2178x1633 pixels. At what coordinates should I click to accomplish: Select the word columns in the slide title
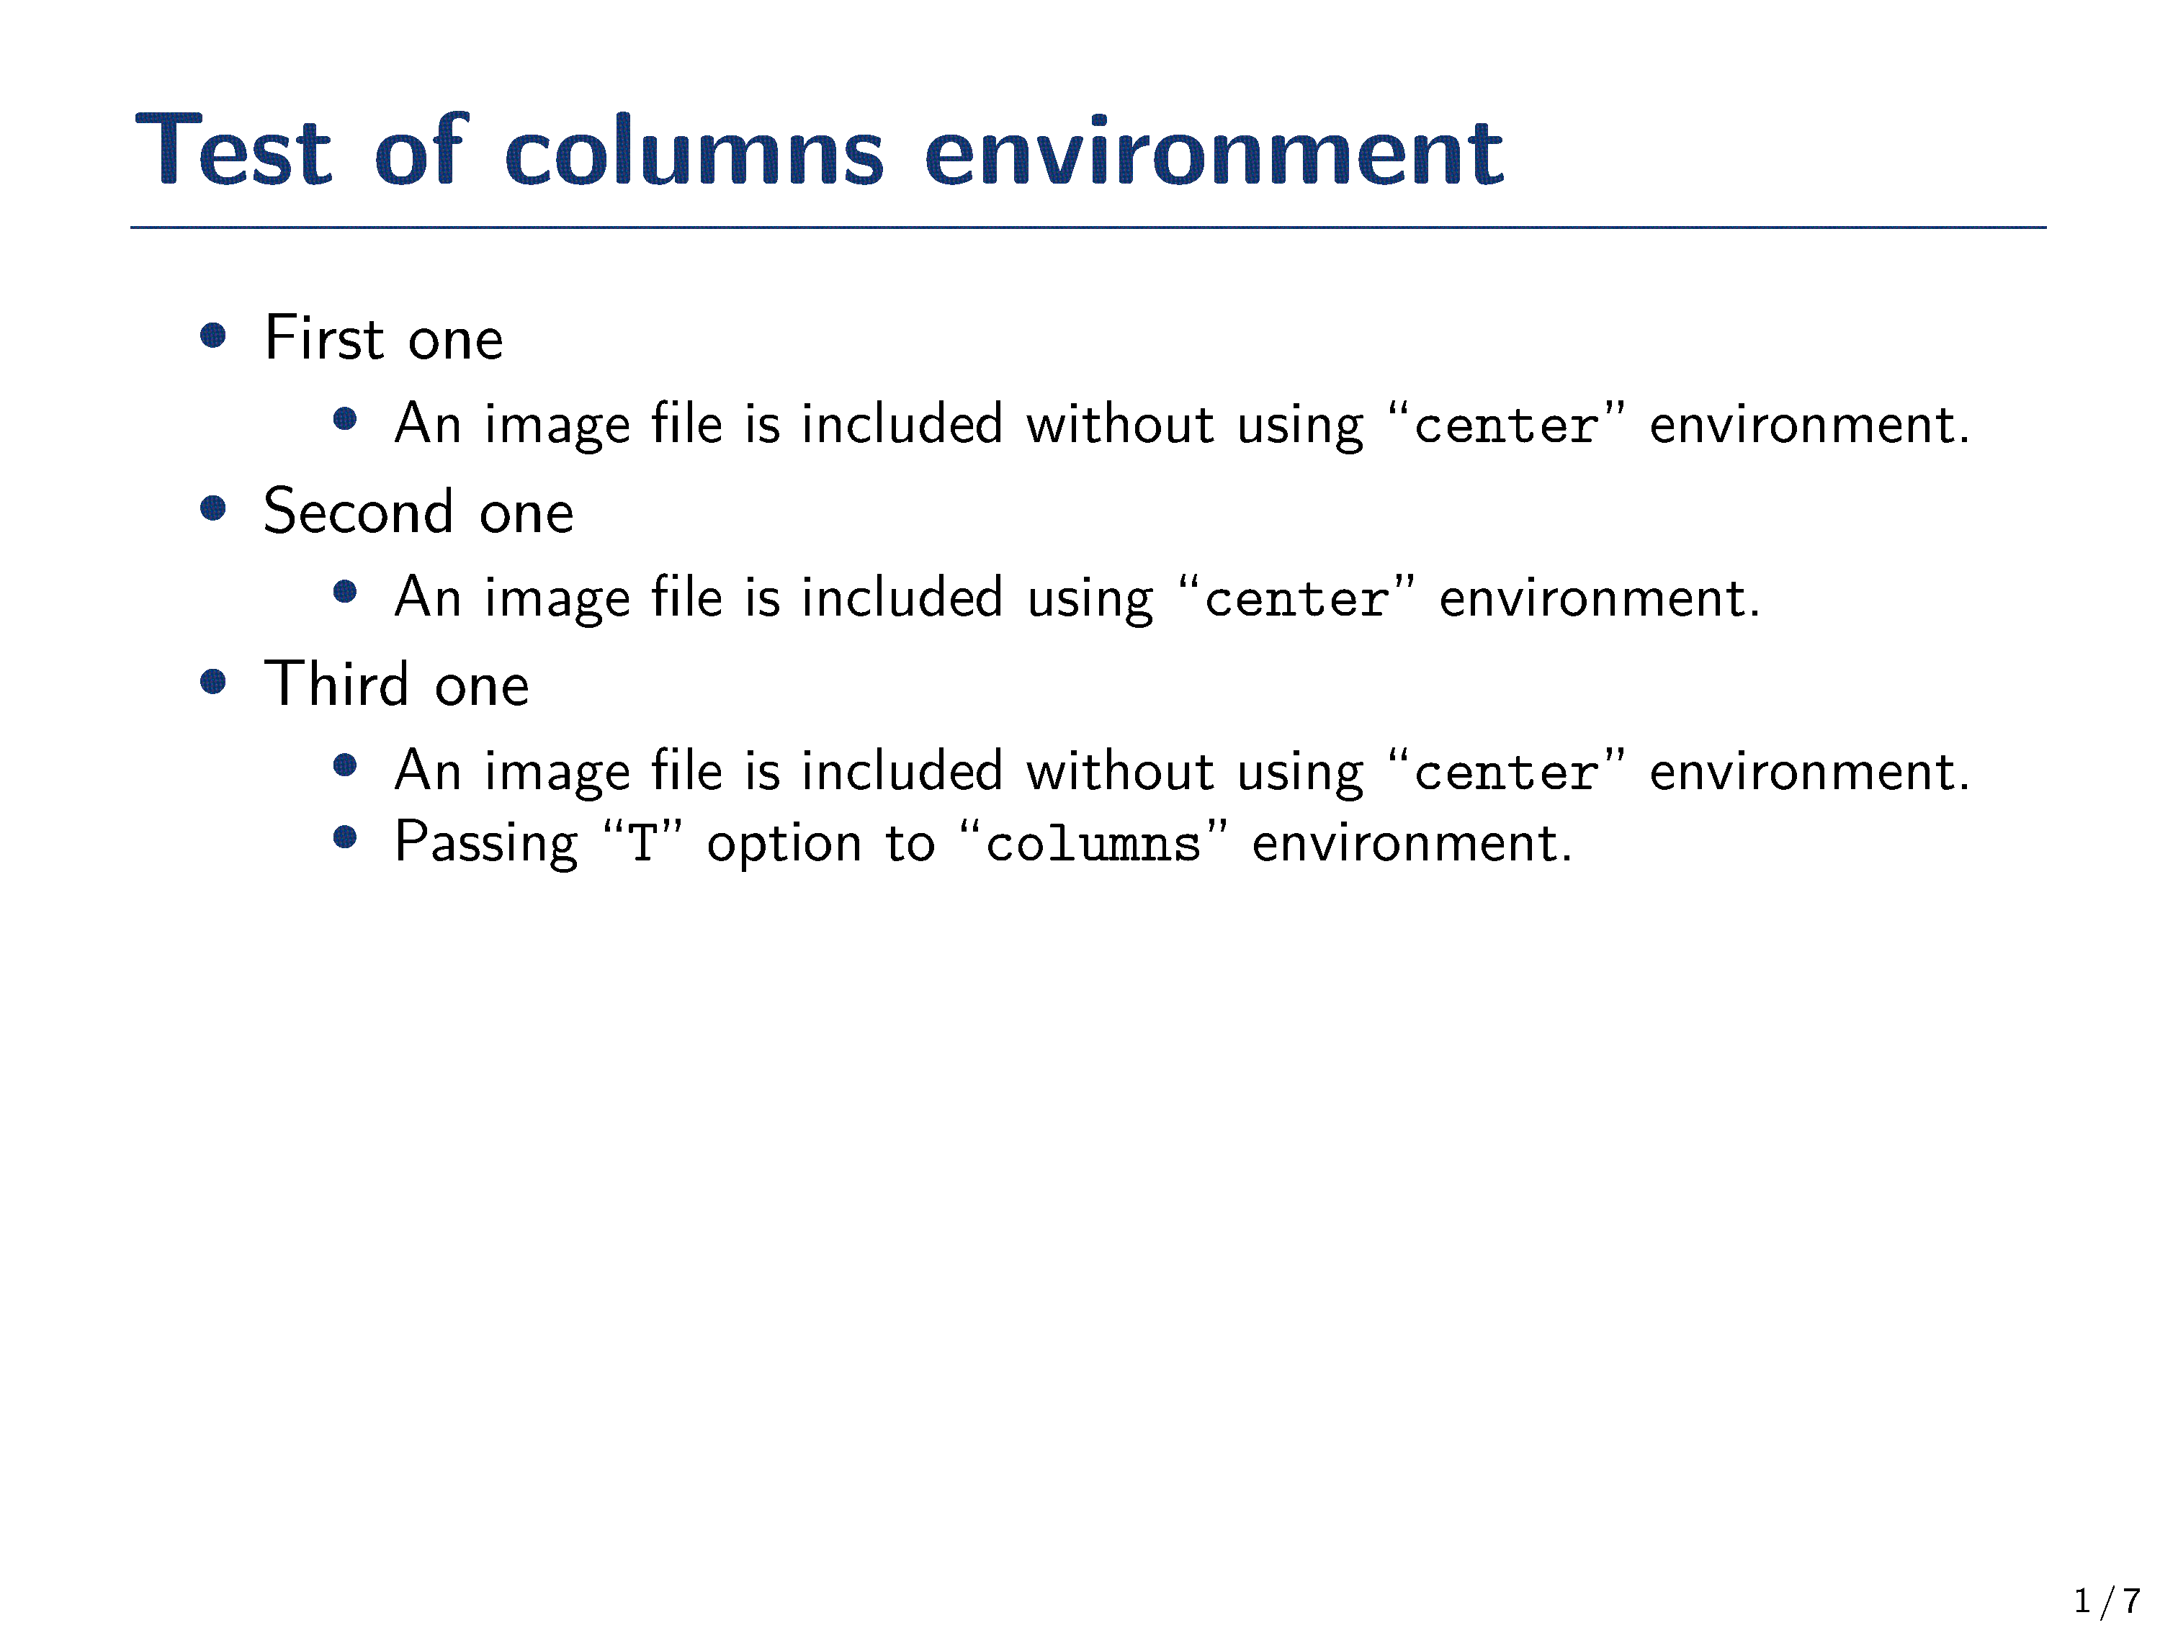(x=694, y=150)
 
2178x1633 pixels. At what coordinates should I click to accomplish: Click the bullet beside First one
(x=212, y=336)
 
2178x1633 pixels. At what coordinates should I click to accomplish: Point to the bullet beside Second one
(x=212, y=509)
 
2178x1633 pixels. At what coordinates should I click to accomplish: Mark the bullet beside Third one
(x=212, y=681)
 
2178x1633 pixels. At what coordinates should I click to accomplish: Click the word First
(x=324, y=338)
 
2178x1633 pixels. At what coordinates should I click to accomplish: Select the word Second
(x=359, y=511)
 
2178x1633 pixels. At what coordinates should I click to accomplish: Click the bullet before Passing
(x=344, y=837)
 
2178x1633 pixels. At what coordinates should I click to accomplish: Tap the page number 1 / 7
(x=2107, y=1601)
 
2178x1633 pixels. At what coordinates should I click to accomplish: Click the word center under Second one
(x=1296, y=598)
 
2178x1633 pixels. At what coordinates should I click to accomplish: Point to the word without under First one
(x=1121, y=424)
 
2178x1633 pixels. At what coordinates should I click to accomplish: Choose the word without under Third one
(x=1121, y=770)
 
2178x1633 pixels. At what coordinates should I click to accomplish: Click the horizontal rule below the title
(x=1088, y=228)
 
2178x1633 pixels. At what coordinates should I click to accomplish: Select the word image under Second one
(x=557, y=600)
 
